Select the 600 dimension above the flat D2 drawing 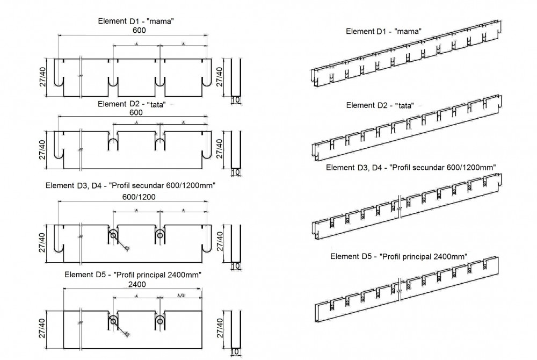135,113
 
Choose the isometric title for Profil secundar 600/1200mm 411,167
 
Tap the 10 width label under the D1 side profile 235,100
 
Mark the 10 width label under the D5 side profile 235,352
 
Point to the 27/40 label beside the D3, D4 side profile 219,243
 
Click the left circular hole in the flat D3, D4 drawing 113,235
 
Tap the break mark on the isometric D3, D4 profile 400,208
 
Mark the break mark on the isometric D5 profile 400,283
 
